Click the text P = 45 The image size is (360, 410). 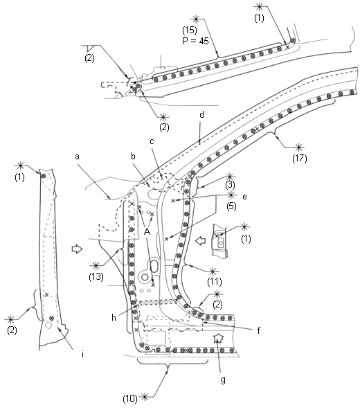tap(195, 41)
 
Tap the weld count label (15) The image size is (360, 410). tap(190, 30)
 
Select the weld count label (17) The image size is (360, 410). tap(300, 159)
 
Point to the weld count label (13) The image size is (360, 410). tap(96, 276)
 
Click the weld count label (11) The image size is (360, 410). tap(215, 281)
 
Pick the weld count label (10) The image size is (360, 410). tap(130, 398)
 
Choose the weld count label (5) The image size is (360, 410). tap(231, 206)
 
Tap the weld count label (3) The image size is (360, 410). tap(230, 185)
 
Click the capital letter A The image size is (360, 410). tap(147, 231)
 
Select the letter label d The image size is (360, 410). tap(201, 114)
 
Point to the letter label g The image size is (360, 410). tap(223, 380)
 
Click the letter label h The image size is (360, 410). tap(114, 317)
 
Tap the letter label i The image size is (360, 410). tap(82, 355)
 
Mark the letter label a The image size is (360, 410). tap(77, 157)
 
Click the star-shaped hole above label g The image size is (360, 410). tap(217, 339)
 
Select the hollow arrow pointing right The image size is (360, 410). tap(77, 249)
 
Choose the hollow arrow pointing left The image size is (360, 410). tap(201, 240)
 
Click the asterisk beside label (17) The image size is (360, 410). tap(299, 148)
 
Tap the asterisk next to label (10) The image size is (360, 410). tap(145, 398)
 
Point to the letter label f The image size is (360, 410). tap(258, 331)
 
